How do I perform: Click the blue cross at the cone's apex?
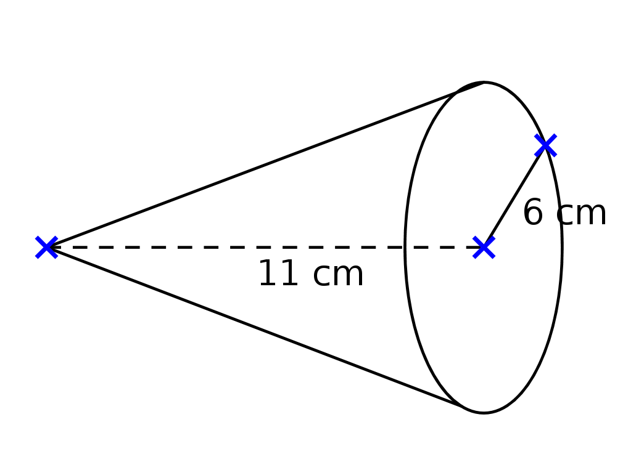coord(47,247)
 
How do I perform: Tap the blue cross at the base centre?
coord(484,247)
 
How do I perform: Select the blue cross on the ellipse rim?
coord(545,145)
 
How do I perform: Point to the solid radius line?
coord(514,197)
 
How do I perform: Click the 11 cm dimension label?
coord(310,274)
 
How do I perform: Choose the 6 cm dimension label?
coord(564,214)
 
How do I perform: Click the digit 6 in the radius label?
coord(532,214)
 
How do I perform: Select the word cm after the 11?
coord(338,275)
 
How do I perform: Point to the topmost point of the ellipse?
coord(484,83)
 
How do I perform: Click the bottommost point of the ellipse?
coord(484,413)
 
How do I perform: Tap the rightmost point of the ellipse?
coord(561,247)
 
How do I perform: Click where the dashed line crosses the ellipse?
coord(405,247)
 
